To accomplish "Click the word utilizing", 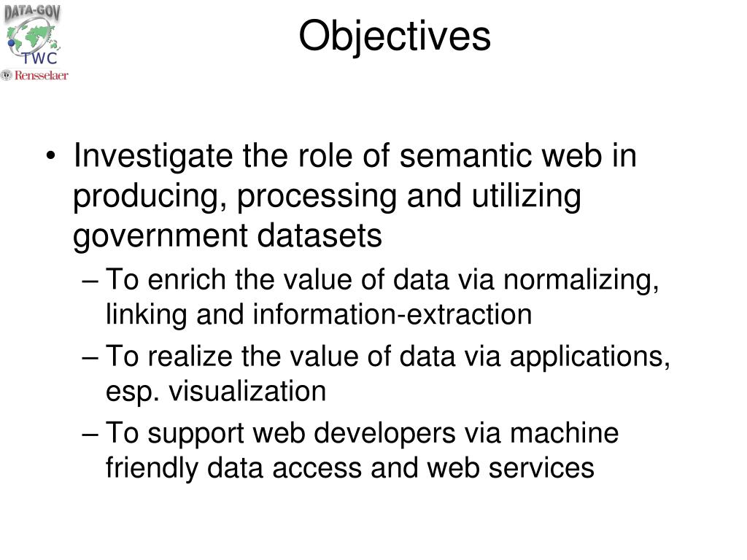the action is [527, 197].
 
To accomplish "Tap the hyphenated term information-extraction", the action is [392, 314].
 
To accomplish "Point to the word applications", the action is [589, 357].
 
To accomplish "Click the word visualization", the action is [247, 392].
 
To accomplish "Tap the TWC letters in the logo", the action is [39, 58].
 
